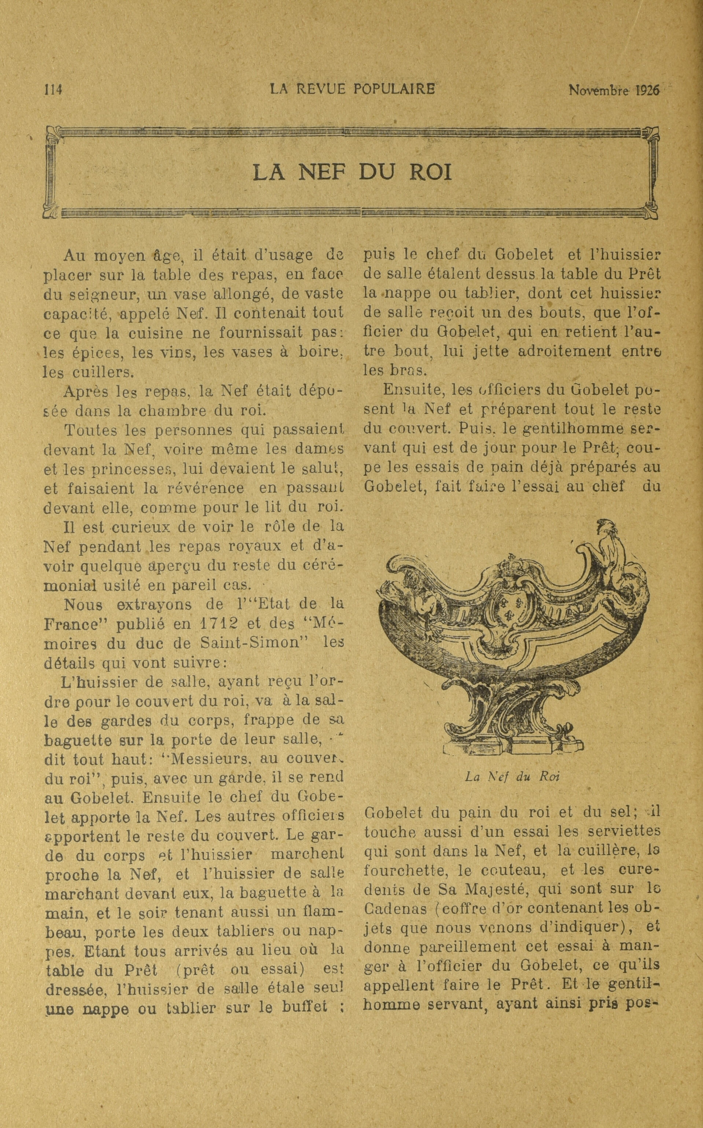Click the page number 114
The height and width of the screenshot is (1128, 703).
pyautogui.click(x=53, y=89)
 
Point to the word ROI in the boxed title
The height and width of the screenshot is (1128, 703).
pyautogui.click(x=431, y=173)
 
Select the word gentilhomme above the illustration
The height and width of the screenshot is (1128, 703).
pyautogui.click(x=583, y=428)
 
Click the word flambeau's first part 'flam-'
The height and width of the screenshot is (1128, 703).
pyautogui.click(x=316, y=913)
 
